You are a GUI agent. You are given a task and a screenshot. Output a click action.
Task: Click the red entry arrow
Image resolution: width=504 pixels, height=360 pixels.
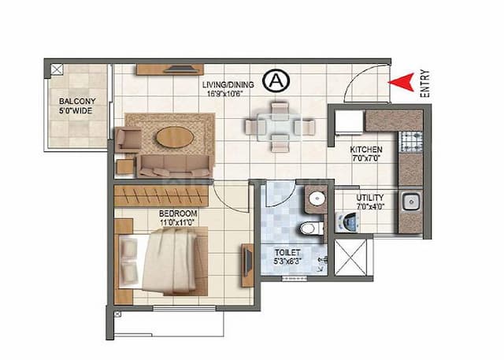click(402, 80)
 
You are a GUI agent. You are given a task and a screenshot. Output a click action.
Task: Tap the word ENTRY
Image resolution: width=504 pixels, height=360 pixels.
click(424, 82)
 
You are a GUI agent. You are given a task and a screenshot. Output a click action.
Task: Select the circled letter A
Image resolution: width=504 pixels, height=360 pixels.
click(274, 79)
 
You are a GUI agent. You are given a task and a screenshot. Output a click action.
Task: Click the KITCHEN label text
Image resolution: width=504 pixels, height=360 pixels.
click(366, 149)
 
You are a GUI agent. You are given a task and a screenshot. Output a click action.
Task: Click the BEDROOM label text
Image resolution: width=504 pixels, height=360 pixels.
click(178, 213)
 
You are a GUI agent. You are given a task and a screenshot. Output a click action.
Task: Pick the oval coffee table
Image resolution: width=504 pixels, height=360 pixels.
click(174, 137)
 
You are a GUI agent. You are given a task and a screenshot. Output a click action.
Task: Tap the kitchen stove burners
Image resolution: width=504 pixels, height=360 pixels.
click(412, 142)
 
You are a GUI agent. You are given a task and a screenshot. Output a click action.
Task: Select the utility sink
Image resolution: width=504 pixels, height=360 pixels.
click(409, 202)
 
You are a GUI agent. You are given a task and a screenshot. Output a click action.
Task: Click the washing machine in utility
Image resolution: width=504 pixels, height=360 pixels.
click(347, 221)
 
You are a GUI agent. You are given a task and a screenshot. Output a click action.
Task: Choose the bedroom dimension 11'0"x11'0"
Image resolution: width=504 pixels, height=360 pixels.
click(178, 224)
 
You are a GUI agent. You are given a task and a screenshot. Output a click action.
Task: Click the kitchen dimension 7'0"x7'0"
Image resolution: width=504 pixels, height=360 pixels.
click(366, 158)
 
